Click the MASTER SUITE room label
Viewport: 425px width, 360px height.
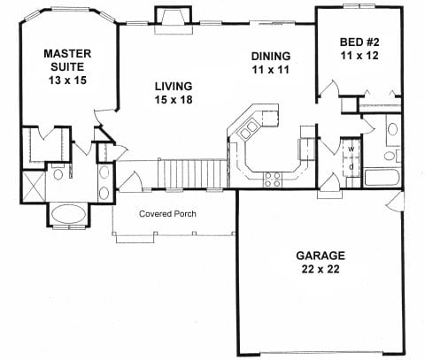(x=67, y=67)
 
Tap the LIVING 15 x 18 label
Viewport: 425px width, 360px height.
(x=174, y=93)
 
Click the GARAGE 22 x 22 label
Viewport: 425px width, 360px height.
(x=321, y=262)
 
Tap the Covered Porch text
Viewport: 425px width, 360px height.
(x=167, y=213)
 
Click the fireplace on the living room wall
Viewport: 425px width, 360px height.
(x=174, y=20)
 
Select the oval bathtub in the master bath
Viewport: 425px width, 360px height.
(x=69, y=215)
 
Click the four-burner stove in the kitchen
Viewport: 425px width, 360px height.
(x=273, y=180)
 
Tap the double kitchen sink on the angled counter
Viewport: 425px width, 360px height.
(x=248, y=130)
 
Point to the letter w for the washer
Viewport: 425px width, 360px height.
(x=352, y=149)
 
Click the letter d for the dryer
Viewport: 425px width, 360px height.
(x=352, y=166)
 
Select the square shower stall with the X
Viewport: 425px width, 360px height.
(x=34, y=187)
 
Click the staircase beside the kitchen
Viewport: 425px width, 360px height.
(x=192, y=173)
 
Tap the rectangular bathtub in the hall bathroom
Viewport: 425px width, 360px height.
(x=382, y=178)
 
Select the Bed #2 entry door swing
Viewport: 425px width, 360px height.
(x=328, y=88)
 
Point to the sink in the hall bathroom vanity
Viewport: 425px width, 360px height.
(x=392, y=129)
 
